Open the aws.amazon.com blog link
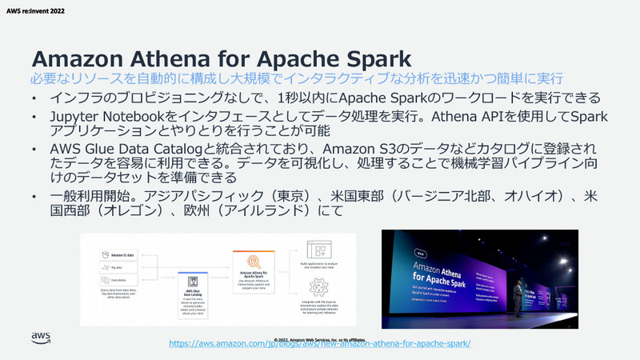(x=321, y=343)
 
